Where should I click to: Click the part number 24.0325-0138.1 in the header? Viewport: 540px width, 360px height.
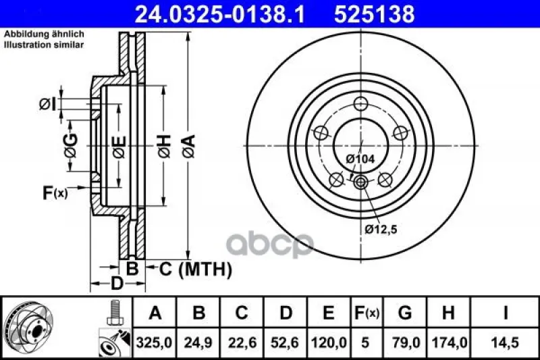click(220, 14)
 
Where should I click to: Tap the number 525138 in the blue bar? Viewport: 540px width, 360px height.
click(375, 14)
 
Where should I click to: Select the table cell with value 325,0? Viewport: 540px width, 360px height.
click(154, 342)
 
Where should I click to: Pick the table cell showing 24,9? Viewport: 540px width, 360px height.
click(198, 342)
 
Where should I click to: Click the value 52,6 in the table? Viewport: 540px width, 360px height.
click(285, 342)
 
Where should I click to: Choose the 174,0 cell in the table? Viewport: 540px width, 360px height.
click(449, 342)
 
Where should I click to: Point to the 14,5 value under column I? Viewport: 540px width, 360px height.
click(505, 342)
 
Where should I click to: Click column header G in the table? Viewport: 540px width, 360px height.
click(404, 313)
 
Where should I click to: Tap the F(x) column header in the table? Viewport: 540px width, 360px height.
click(367, 313)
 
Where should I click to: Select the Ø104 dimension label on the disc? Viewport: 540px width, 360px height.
click(360, 159)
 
